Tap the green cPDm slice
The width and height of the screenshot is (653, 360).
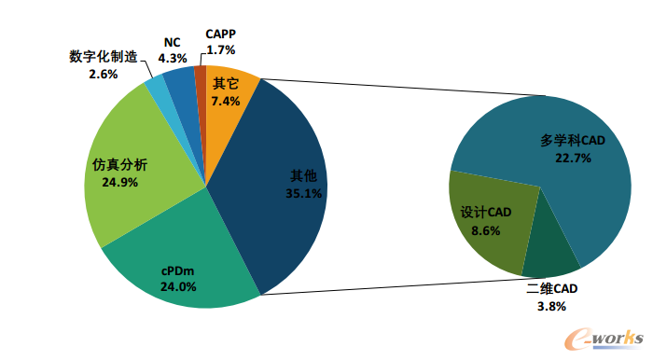[183, 267]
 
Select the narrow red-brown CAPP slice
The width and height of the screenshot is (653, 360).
[201, 83]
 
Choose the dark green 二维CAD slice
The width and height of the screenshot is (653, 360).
[549, 258]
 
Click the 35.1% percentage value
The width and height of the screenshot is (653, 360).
[303, 194]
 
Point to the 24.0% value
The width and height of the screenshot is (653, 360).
[178, 286]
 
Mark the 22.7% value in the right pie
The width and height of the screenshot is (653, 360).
[573, 159]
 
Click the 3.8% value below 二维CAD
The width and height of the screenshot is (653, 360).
[552, 307]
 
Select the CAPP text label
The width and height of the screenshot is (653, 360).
[221, 34]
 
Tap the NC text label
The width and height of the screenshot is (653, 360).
[172, 43]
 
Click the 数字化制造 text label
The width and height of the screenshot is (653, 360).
[104, 57]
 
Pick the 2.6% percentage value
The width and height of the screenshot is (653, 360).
[104, 75]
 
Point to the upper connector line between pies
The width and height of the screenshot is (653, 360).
[403, 87]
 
